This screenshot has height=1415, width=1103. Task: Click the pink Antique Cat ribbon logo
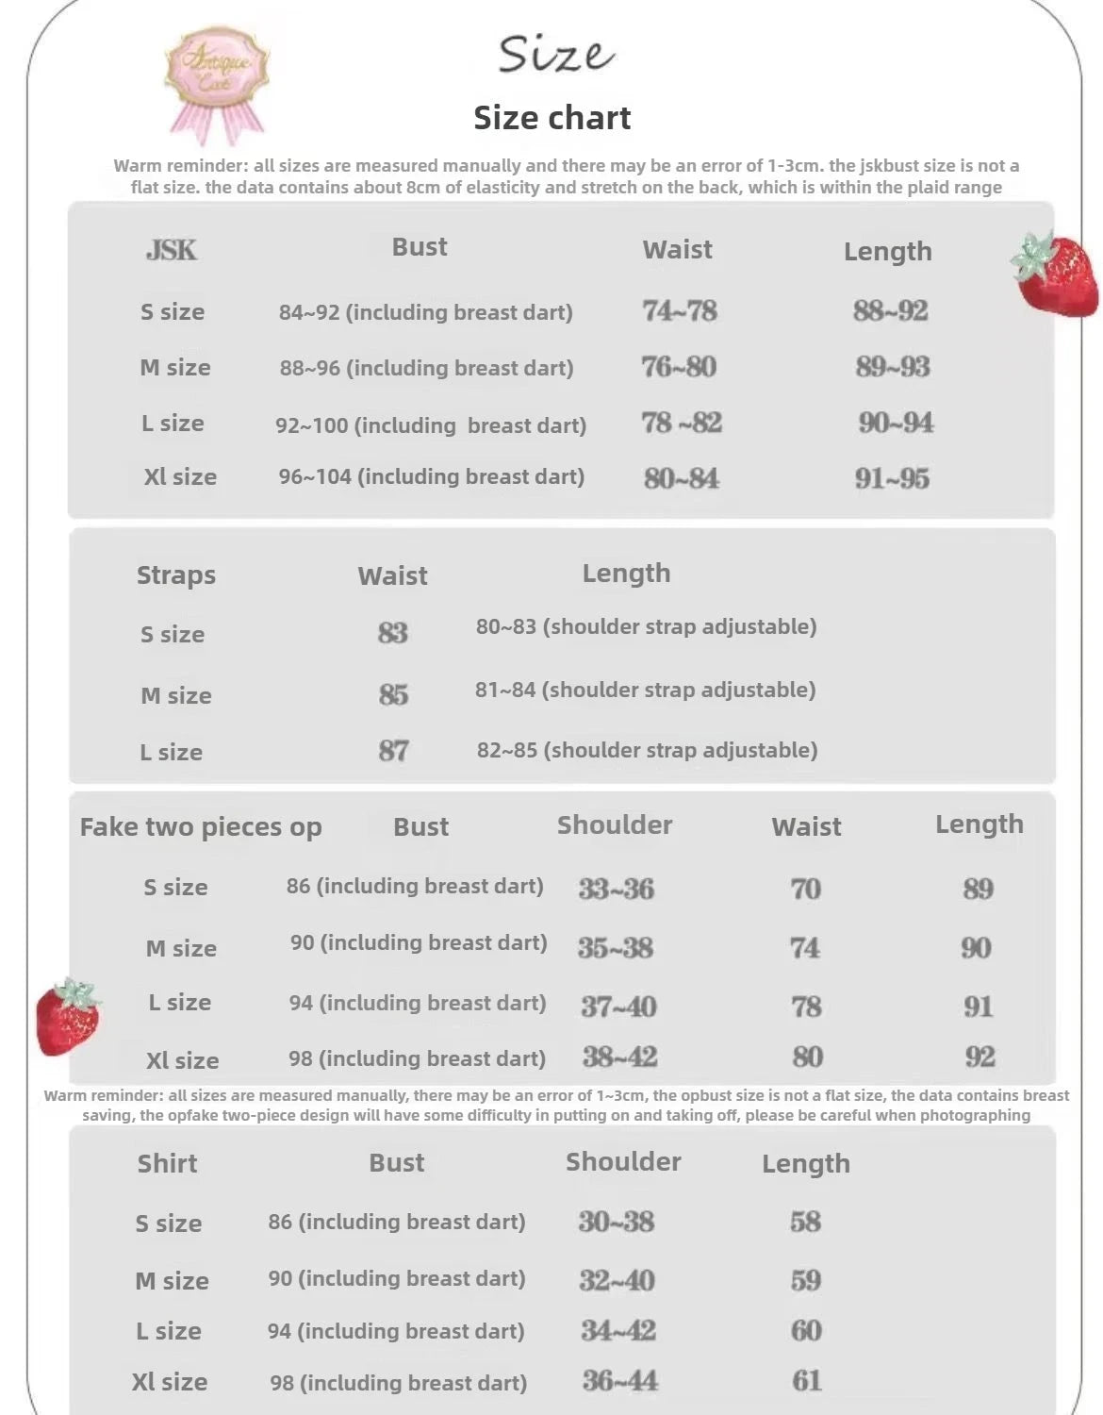pos(217,80)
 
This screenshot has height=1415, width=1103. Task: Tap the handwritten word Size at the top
pos(555,55)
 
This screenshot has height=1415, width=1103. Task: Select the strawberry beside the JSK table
pos(1056,273)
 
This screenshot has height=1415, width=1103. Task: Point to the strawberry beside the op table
pos(67,1017)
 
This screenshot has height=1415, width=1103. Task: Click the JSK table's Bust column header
pos(420,247)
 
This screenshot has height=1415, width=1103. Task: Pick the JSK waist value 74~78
pos(679,310)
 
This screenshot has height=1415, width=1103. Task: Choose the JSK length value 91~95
pos(892,478)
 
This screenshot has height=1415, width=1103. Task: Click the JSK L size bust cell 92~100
pos(430,425)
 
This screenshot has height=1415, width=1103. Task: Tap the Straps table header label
pos(176,575)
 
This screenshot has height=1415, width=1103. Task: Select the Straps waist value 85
pos(393,695)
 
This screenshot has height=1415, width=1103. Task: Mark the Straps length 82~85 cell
pos(647,750)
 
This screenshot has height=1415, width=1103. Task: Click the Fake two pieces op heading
pos(201,827)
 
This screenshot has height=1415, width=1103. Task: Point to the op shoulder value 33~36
pos(616,889)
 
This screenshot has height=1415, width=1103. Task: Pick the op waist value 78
pos(806,1007)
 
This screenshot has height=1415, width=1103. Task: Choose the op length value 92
pos(980,1057)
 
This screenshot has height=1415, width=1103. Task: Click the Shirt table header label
pos(167,1163)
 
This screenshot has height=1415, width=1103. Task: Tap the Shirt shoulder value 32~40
pos(617,1280)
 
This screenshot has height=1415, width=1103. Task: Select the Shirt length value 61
pos(806,1381)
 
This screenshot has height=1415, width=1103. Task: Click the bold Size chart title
pos(551,118)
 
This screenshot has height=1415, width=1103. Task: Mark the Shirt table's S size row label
pos(169,1224)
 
